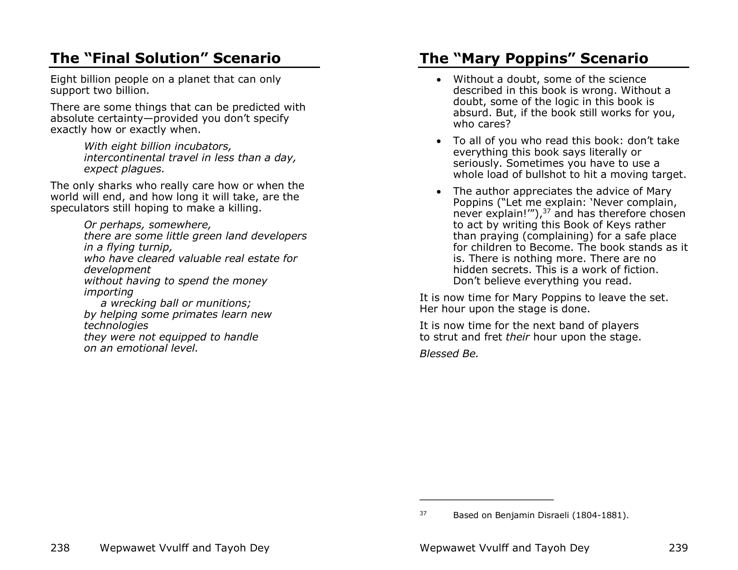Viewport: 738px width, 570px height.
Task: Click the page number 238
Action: (60, 548)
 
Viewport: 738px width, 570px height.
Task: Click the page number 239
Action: (678, 548)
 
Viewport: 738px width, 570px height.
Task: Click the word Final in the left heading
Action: (104, 58)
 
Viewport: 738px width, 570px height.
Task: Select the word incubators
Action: (208, 146)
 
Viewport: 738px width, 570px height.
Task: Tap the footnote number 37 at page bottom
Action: (423, 513)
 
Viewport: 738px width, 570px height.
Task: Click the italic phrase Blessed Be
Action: (449, 354)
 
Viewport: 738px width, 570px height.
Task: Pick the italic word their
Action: (517, 337)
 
